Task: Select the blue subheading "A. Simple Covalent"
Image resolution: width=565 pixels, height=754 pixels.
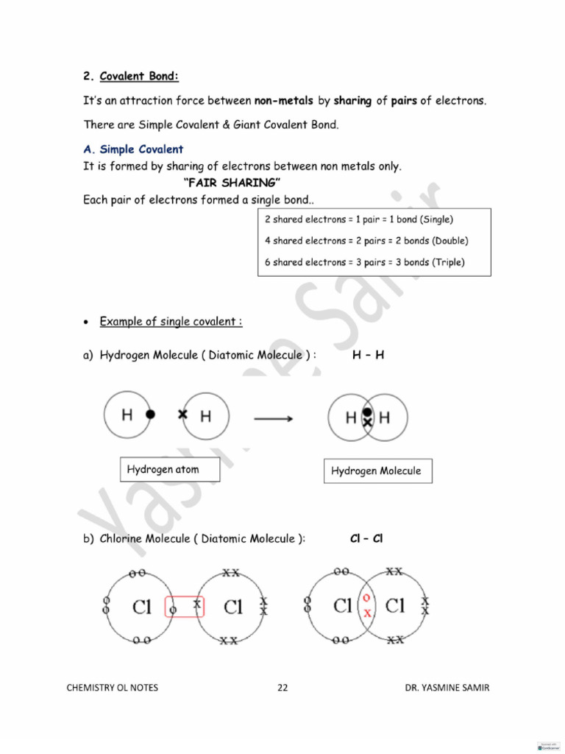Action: click(133, 149)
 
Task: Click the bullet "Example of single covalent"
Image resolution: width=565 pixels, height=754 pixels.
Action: click(171, 322)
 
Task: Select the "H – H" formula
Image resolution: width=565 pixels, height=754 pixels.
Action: click(368, 355)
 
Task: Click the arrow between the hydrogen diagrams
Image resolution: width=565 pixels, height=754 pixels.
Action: click(274, 418)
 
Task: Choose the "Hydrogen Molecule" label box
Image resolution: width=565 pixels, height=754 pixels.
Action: click(376, 471)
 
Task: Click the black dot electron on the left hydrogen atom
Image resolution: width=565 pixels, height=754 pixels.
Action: click(150, 415)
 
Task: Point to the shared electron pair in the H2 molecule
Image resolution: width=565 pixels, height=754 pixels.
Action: click(367, 417)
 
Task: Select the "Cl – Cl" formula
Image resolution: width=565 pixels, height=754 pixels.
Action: click(366, 539)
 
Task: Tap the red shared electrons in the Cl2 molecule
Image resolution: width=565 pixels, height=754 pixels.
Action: click(367, 605)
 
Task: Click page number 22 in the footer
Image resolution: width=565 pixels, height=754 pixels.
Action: click(282, 688)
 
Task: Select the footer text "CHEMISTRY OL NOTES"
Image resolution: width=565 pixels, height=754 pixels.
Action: click(113, 688)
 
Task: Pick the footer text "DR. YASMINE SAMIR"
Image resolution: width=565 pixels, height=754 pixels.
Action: click(447, 688)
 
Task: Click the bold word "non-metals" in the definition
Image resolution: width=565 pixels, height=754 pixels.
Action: click(283, 101)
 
